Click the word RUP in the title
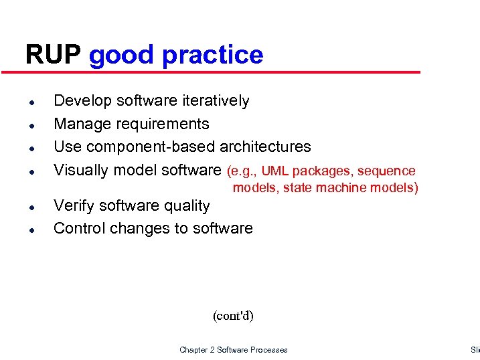click(x=54, y=55)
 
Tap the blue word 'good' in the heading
click(x=122, y=56)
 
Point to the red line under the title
click(x=221, y=72)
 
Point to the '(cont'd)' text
click(x=233, y=316)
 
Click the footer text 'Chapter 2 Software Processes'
click(x=233, y=350)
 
